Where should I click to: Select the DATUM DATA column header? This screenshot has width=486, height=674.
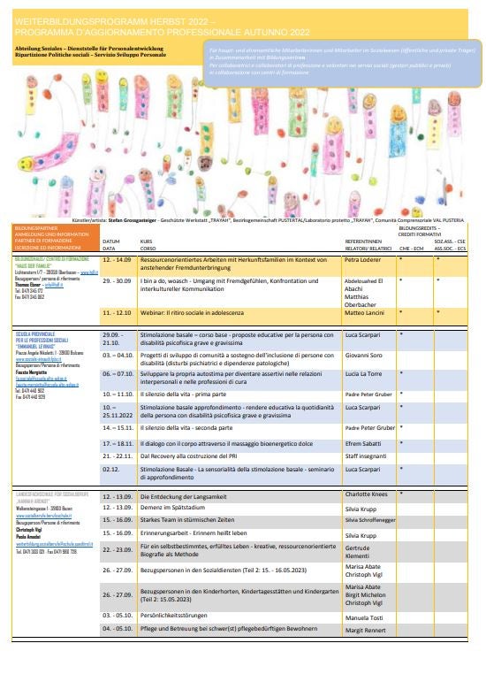(111, 244)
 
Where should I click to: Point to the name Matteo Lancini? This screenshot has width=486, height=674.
(364, 312)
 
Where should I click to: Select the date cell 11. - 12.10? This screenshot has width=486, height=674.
(118, 312)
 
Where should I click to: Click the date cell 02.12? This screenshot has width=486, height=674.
(110, 470)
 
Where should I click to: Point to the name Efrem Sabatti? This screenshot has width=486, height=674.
(363, 441)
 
